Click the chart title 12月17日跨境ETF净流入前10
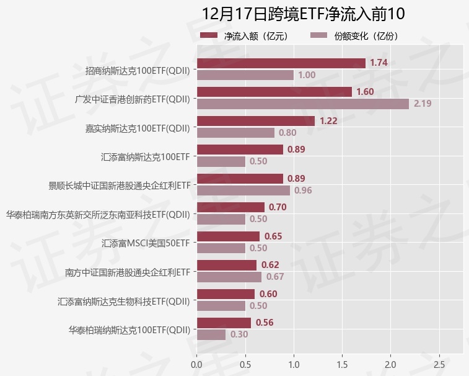point(302,14)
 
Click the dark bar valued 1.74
point(281,63)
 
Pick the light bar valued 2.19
point(302,104)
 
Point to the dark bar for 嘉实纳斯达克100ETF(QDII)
point(255,120)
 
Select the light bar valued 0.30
point(211,334)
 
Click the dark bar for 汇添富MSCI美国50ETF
point(227,236)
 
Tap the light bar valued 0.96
point(243,190)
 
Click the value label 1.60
point(365,92)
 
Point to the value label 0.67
point(275,277)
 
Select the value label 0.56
point(265,323)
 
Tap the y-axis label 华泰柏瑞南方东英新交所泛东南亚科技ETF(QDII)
point(98,215)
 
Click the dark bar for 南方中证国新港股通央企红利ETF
point(226,265)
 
